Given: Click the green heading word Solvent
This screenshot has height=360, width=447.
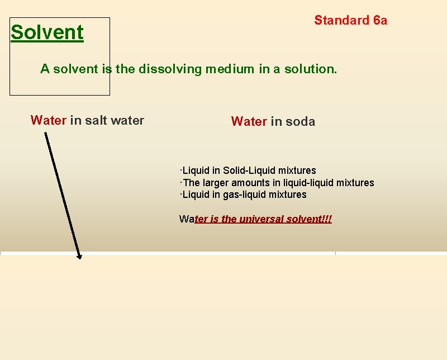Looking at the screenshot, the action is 47,32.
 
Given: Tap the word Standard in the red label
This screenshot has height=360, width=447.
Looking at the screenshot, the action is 341,21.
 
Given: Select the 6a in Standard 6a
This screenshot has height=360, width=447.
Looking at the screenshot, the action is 380,21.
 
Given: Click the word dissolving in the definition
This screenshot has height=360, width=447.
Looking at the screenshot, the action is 170,69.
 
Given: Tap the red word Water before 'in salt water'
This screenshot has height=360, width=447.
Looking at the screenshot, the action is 49,120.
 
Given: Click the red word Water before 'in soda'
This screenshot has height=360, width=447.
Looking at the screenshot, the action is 249,121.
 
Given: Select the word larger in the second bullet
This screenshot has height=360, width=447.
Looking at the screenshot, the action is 216,183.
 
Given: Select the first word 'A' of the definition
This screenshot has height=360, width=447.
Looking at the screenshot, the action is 44,69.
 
